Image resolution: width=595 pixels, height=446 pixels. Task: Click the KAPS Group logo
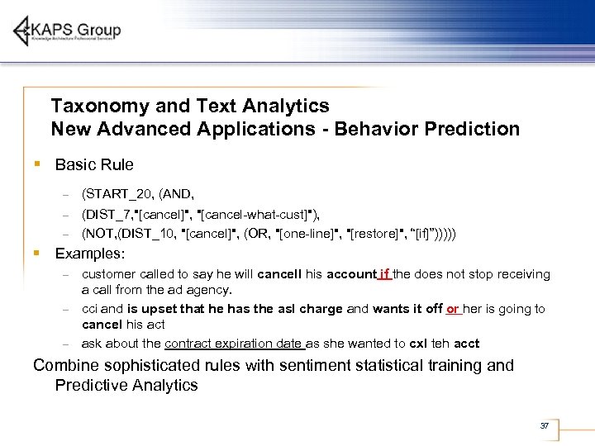tap(67, 31)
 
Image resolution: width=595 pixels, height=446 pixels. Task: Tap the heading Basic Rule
tap(93, 164)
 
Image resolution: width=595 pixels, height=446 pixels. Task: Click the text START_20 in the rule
tap(116, 194)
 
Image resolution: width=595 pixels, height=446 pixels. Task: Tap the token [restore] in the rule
tap(374, 234)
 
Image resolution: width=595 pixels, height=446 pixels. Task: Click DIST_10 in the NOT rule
tap(145, 234)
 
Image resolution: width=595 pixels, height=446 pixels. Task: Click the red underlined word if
tap(384, 274)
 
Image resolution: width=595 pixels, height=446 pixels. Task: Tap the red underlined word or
tap(453, 309)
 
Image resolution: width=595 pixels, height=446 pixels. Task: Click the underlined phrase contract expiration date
tap(236, 344)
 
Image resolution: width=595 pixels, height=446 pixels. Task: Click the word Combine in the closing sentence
tap(67, 365)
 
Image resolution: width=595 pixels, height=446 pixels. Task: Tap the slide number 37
tap(544, 425)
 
